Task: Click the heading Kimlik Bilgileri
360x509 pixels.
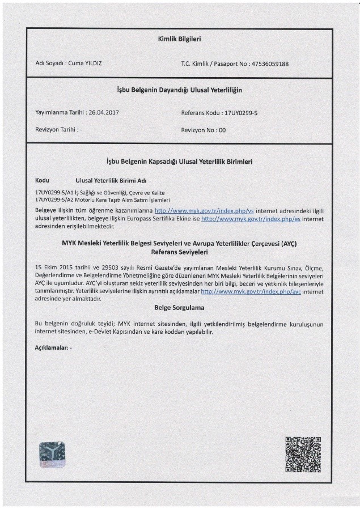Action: tap(179, 39)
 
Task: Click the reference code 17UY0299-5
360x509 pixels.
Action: tap(241, 113)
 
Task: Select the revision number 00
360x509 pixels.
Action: tap(222, 130)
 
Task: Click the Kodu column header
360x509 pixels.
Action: tap(43, 180)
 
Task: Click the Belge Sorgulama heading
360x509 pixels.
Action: tap(179, 308)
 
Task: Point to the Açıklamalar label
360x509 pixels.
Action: tap(51, 346)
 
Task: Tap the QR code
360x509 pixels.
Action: tap(303, 455)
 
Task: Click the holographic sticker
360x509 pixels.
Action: tap(52, 455)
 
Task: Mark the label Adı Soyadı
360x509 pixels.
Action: tap(49, 63)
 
